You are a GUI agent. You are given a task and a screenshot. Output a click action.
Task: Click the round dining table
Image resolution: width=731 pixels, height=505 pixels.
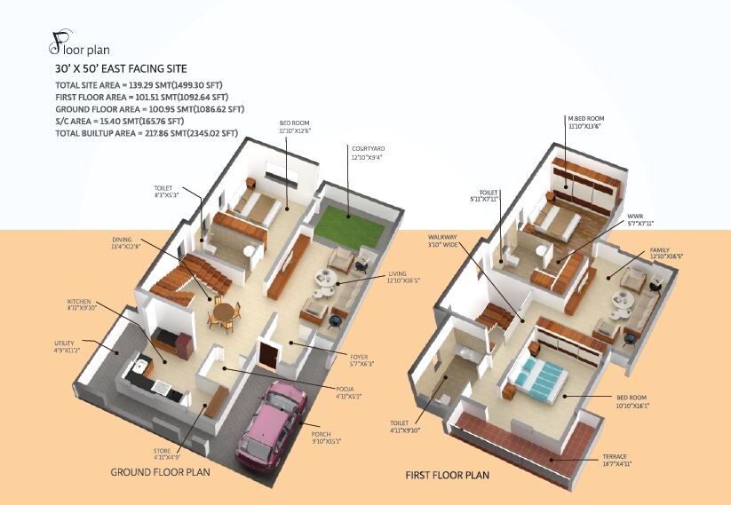[x=226, y=312]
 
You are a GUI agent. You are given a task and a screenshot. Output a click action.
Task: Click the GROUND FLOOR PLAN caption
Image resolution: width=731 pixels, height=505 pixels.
[x=160, y=472]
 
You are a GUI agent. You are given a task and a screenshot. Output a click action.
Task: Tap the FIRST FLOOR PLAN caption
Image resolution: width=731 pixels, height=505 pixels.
[x=448, y=475]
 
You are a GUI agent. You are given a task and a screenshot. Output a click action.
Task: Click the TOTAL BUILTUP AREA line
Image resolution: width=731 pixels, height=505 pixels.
[x=147, y=133]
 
